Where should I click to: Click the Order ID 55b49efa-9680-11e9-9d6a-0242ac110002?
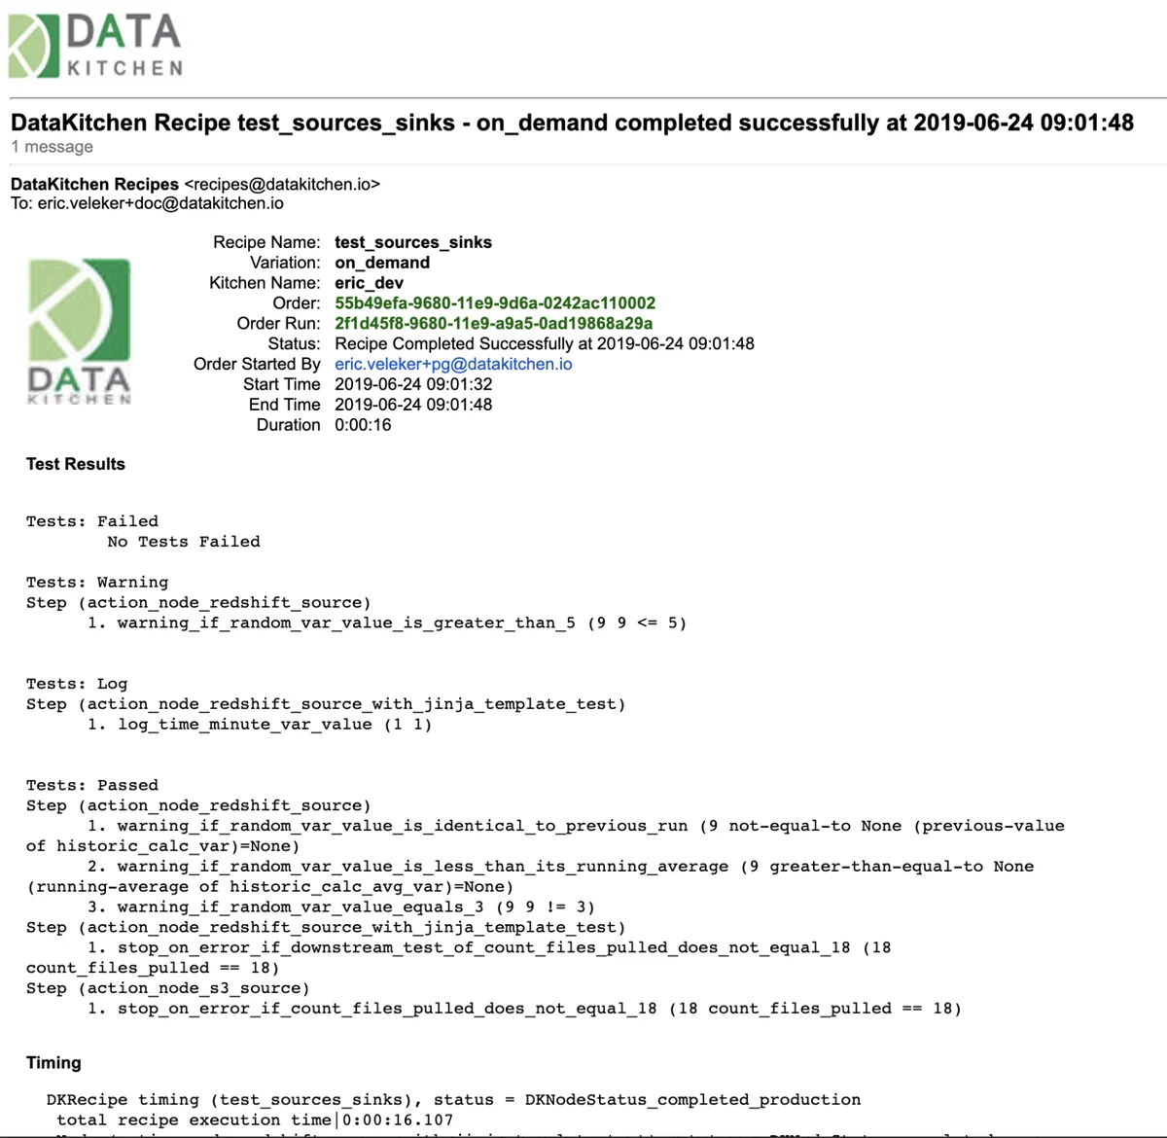495,302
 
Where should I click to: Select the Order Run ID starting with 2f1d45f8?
493,323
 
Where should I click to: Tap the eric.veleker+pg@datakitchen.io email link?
453,364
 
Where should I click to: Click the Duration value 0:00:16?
363,425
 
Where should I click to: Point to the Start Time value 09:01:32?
413,384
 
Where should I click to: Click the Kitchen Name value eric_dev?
369,283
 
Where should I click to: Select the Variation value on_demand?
382,263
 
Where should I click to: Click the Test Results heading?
76,464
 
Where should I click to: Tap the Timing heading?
53,1063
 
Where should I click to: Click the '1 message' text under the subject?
53,147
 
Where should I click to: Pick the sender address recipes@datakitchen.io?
282,184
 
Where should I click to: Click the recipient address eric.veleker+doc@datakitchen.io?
160,203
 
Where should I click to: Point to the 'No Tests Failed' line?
184,542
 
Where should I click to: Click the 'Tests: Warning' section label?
97,583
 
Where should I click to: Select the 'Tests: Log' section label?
77,684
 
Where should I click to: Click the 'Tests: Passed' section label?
92,785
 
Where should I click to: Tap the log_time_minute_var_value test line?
260,725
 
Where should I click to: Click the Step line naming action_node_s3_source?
168,988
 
